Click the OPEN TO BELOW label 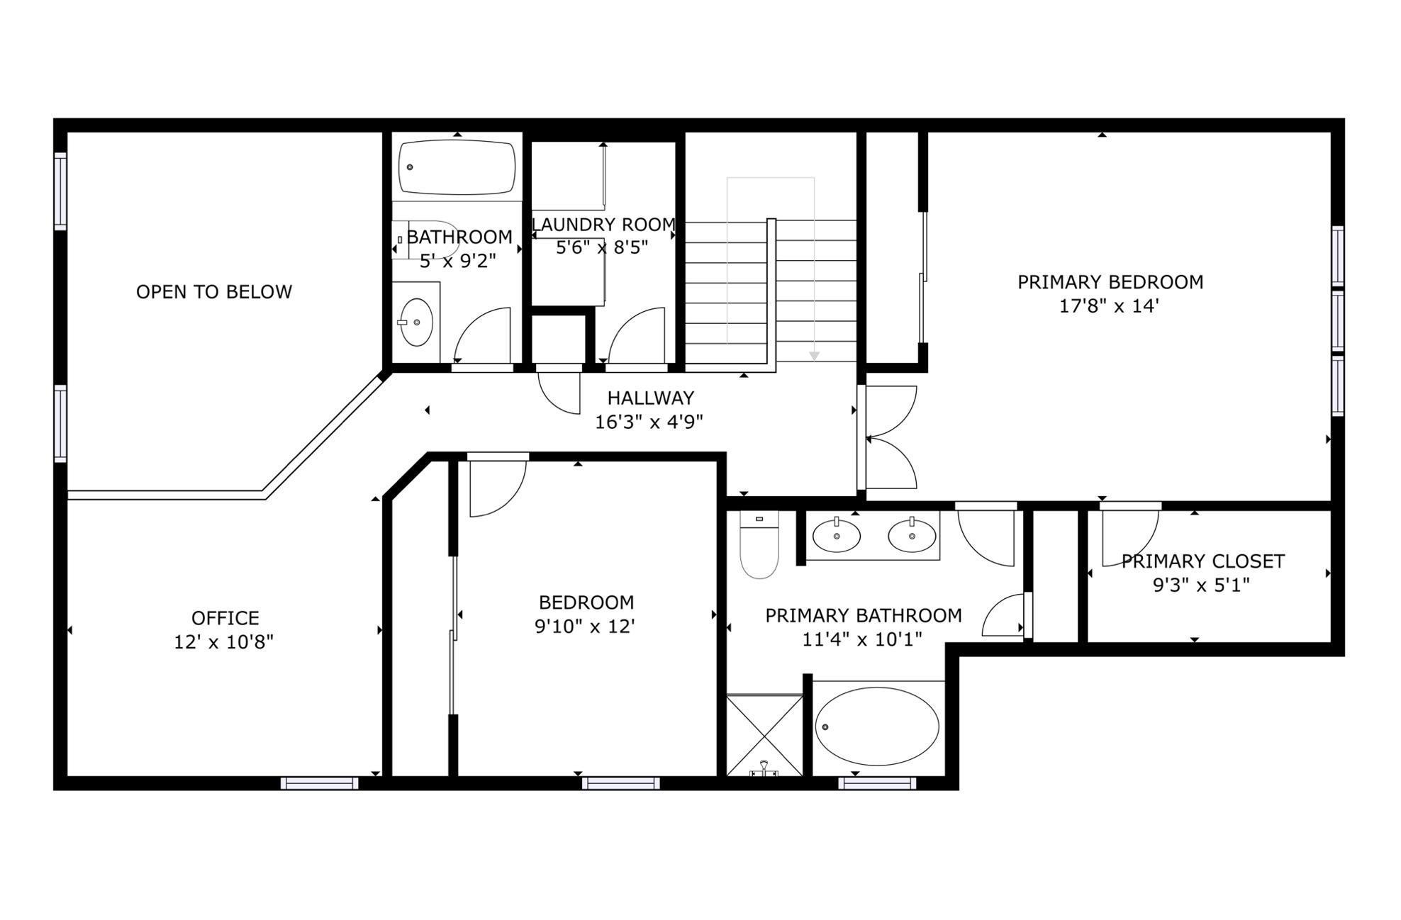coord(213,292)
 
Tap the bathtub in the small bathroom coord(457,167)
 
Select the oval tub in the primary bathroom coord(877,726)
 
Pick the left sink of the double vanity coord(837,535)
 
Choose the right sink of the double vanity coord(912,535)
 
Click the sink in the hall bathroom coord(417,322)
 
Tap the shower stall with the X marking coord(764,736)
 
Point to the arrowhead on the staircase coord(814,356)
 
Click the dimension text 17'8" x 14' coord(1110,306)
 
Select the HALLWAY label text coord(650,398)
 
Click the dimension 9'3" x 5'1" coord(1201,585)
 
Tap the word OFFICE coord(225,618)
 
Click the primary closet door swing coord(1129,537)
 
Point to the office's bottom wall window coord(319,783)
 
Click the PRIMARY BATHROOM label coord(863,615)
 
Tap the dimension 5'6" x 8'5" coord(601,247)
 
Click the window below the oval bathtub coord(877,783)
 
